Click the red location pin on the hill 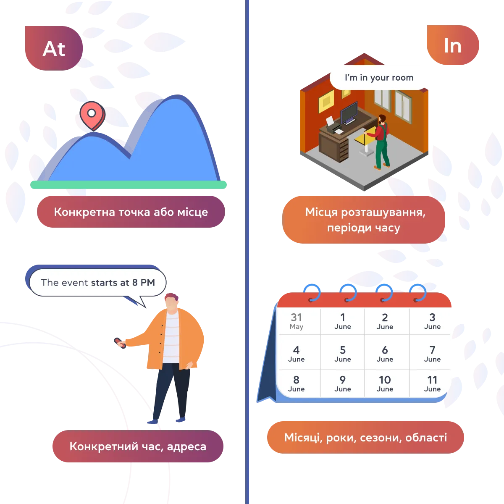(x=92, y=115)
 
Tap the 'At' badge (x=54, y=48)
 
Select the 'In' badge (x=453, y=45)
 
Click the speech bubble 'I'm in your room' (x=379, y=78)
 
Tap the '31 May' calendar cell (x=297, y=321)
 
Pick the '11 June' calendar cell (x=432, y=383)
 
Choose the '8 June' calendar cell (x=297, y=383)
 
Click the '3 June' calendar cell (x=432, y=321)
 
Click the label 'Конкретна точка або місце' (x=131, y=212)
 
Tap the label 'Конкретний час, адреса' (x=138, y=446)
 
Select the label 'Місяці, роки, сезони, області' (x=365, y=437)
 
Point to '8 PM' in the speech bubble (x=144, y=283)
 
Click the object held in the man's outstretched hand (x=120, y=343)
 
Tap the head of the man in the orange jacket (x=172, y=302)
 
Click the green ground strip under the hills (x=129, y=185)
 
